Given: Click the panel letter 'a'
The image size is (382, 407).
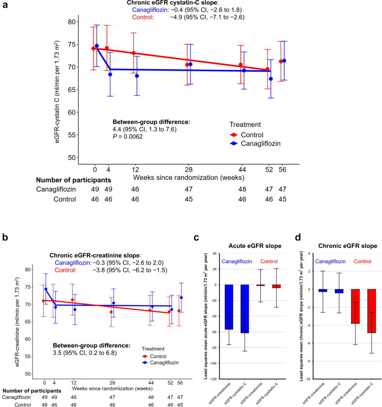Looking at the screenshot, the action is [5, 5].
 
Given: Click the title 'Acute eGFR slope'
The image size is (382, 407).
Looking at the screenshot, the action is [255, 246].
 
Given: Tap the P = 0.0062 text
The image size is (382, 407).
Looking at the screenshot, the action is [127, 137].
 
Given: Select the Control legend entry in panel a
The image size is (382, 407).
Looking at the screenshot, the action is [243, 135].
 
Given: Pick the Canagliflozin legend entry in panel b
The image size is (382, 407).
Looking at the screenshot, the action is [160, 362].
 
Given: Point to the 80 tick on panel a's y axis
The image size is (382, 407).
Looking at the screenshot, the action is [72, 22].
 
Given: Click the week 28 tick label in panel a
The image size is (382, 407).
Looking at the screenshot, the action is [189, 170].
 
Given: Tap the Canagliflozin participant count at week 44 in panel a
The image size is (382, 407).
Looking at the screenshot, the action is [242, 189].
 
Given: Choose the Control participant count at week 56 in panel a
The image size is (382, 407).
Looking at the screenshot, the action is [282, 199].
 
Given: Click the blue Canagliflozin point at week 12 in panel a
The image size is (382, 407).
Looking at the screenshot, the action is [137, 76].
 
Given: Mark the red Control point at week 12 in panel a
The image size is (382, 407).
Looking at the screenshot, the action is [134, 53].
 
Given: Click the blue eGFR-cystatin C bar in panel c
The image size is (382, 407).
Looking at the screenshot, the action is [245, 309].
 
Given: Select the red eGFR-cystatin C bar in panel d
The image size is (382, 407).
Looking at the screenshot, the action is [372, 311].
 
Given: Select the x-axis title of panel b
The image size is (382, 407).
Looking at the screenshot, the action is [112, 389].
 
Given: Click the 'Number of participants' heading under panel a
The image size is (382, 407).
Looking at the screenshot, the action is [74, 180].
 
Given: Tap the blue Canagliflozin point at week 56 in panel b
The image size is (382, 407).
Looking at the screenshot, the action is [181, 297].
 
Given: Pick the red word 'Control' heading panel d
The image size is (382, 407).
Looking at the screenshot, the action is [362, 261].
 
